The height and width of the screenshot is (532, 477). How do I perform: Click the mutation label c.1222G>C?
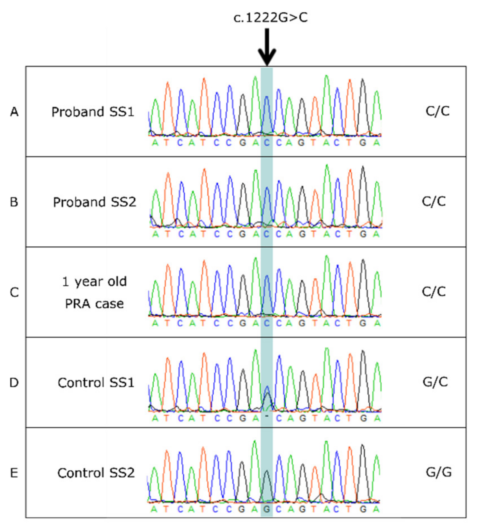click(x=270, y=18)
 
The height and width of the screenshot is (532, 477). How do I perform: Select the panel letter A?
click(x=14, y=112)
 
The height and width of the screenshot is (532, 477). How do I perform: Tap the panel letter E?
click(x=14, y=473)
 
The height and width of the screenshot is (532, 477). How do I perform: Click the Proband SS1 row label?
click(x=93, y=112)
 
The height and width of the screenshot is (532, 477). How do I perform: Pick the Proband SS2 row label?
click(x=94, y=202)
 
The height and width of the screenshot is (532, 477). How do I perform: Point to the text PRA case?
click(x=94, y=304)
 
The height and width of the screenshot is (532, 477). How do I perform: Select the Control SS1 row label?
click(x=96, y=382)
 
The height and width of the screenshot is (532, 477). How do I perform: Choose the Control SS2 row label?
click(x=96, y=473)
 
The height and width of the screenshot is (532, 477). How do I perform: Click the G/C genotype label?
click(x=435, y=382)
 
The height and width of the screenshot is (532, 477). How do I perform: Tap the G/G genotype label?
click(x=439, y=472)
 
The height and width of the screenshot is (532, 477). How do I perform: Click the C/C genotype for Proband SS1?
click(x=437, y=111)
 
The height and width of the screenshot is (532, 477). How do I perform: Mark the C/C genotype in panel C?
click(x=434, y=292)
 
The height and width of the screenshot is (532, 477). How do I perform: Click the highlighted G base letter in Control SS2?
click(x=267, y=509)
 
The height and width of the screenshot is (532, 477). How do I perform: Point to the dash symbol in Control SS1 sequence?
click(x=267, y=416)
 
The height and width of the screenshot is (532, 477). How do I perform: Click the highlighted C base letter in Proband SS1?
click(x=267, y=143)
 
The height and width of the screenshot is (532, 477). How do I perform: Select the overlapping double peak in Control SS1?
click(x=267, y=398)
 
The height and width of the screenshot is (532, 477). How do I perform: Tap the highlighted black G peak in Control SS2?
click(x=267, y=485)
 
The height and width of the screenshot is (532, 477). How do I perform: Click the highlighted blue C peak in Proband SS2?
click(x=267, y=205)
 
